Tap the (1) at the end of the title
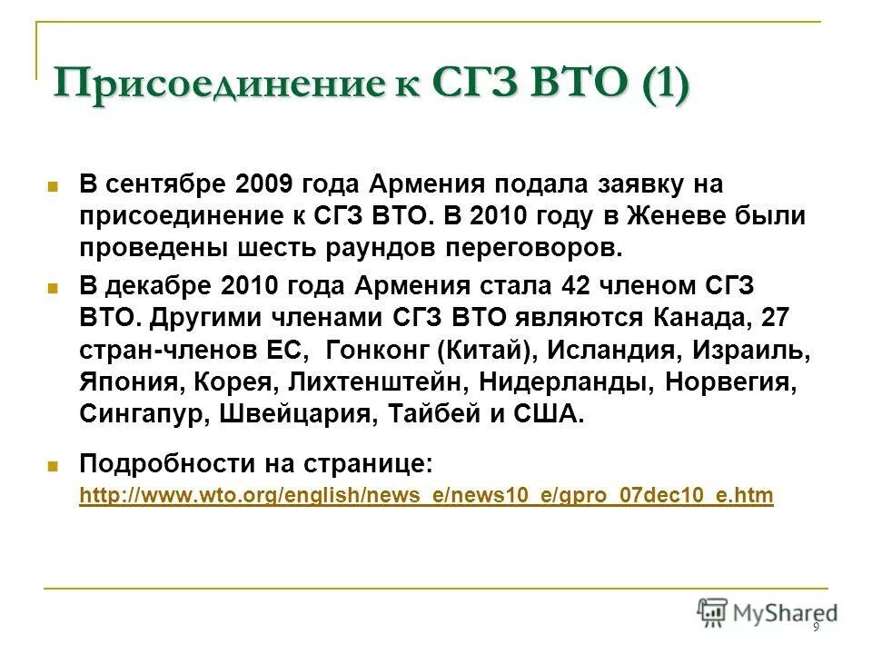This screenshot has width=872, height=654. click(x=665, y=87)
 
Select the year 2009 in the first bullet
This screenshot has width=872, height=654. click(x=263, y=185)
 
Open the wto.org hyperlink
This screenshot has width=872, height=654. click(x=426, y=496)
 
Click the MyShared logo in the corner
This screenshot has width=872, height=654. click(x=768, y=612)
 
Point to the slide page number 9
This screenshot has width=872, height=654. click(x=816, y=628)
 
